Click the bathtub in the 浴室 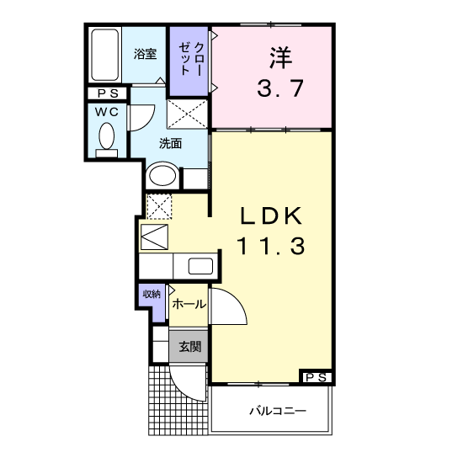105,55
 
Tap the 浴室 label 145,54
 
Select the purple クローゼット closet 189,61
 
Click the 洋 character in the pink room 280,57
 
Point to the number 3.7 280,88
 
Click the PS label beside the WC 108,93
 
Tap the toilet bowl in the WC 107,136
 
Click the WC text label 107,112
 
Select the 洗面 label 170,143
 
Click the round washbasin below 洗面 162,176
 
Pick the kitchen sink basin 200,266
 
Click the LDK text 271,216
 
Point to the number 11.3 270,247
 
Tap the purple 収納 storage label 152,294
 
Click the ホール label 189,304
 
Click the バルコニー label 278,411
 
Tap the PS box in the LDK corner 316,377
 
